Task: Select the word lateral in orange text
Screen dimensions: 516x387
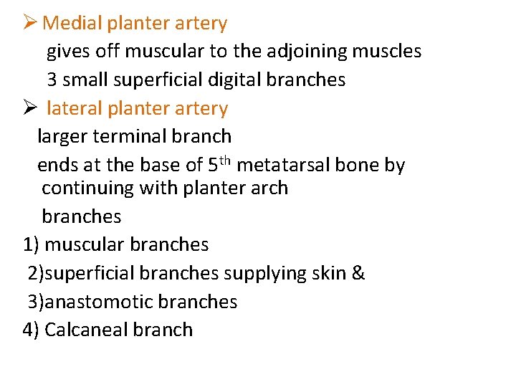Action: pos(74,109)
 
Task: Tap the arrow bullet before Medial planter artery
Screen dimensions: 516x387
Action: pos(30,23)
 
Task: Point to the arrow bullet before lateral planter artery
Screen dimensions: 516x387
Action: pos(30,108)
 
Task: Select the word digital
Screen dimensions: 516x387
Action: pos(231,80)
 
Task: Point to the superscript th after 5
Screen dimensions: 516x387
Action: pos(225,160)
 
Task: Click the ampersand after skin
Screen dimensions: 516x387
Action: pos(358,273)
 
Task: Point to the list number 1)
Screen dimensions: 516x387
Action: pos(31,244)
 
